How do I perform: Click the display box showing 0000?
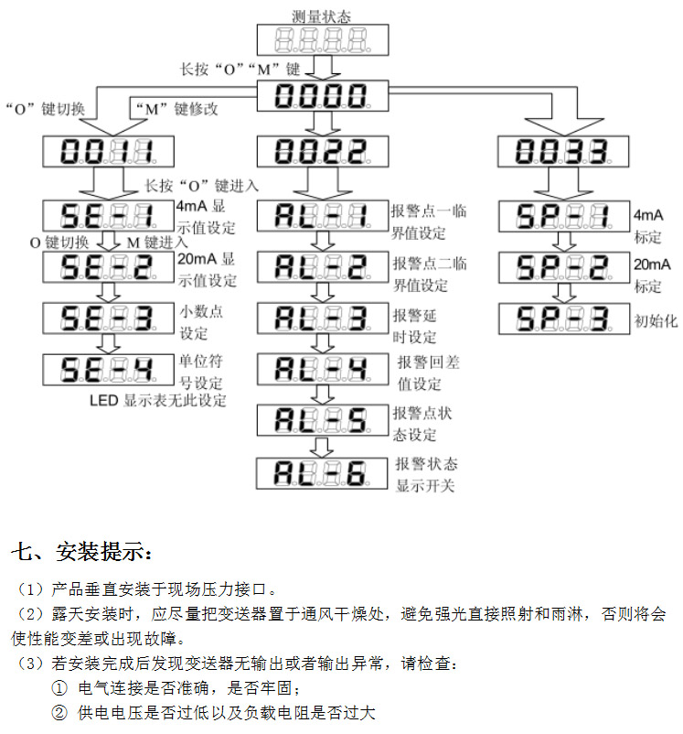(323, 96)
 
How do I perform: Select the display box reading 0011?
(108, 151)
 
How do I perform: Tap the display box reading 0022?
(323, 151)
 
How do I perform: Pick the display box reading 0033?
(563, 151)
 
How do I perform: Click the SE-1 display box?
(108, 216)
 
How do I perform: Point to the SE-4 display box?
(108, 370)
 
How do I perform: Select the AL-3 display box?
(323, 318)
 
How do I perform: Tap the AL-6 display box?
(322, 473)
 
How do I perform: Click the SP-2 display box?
(564, 267)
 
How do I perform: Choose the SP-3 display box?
(564, 318)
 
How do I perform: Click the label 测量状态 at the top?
(321, 16)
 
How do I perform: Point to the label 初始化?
(656, 321)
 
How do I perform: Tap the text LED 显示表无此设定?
(158, 401)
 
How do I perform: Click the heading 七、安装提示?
(82, 552)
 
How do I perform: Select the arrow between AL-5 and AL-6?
(323, 447)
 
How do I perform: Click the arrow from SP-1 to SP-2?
(564, 242)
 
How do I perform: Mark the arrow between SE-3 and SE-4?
(108, 344)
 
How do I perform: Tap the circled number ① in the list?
(59, 688)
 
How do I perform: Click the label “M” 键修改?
(176, 109)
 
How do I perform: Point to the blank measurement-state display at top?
(323, 40)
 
